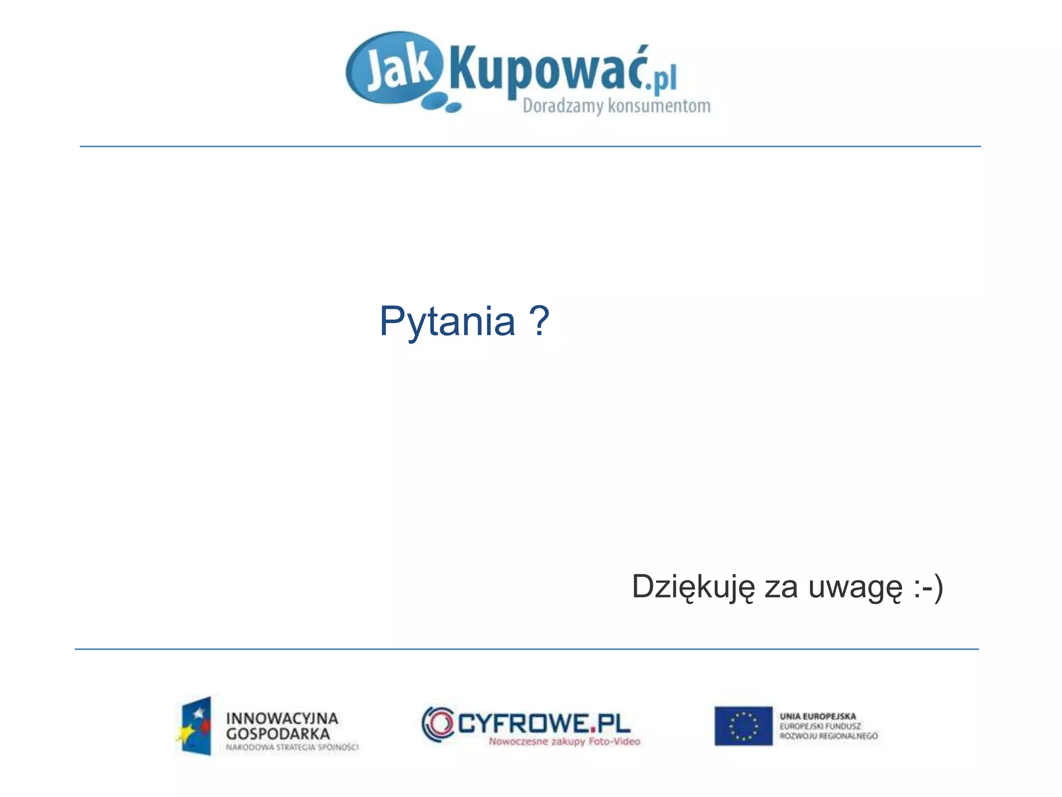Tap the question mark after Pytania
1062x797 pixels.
[x=539, y=321]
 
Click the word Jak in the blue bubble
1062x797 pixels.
[x=398, y=71]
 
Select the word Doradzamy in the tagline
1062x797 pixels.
[x=563, y=106]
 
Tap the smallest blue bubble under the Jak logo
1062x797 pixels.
[x=453, y=108]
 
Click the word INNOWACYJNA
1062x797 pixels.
[x=282, y=719]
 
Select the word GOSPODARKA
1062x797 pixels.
[x=278, y=734]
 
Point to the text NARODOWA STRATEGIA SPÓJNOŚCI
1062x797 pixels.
[x=292, y=748]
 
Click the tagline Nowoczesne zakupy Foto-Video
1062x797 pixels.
[x=564, y=741]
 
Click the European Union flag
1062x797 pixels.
[x=743, y=725]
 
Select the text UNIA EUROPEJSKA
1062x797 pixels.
[x=818, y=717]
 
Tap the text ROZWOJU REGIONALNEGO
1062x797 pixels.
[x=829, y=736]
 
